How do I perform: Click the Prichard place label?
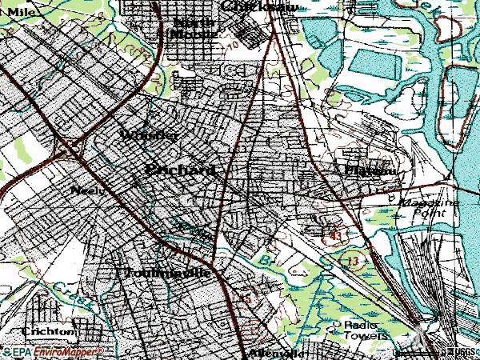pyautogui.click(x=181, y=170)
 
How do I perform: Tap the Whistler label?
pyautogui.click(x=150, y=135)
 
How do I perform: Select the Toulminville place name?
pyautogui.click(x=166, y=273)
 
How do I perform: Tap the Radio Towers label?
pyautogui.click(x=364, y=330)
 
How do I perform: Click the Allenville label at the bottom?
pyautogui.click(x=278, y=353)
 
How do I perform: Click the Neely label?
pyautogui.click(x=84, y=190)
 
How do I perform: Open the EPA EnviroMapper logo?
pyautogui.click(x=53, y=351)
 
